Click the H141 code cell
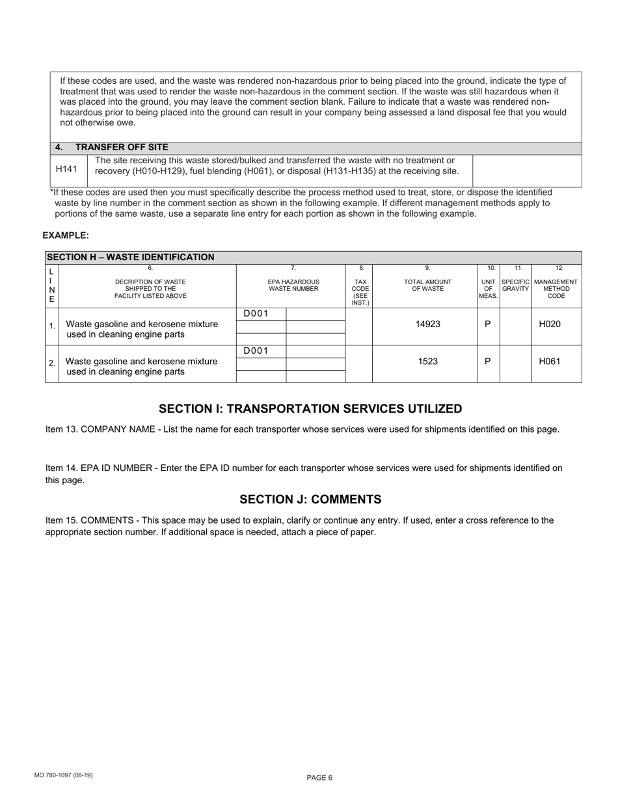(66, 170)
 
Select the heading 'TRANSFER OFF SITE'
(121, 148)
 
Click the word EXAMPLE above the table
(66, 235)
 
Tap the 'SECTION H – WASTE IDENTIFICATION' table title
(131, 257)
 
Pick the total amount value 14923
(427, 324)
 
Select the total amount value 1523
(427, 362)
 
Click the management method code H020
(550, 324)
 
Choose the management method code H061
(550, 362)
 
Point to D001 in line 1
(256, 314)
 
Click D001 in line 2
(256, 351)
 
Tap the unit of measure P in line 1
(488, 324)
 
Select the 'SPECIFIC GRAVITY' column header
(515, 285)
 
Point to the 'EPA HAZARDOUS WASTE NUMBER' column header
(293, 285)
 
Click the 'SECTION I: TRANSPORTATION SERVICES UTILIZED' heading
(310, 409)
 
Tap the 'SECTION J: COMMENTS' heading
(310, 500)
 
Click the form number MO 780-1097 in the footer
(64, 775)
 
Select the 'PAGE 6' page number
(319, 778)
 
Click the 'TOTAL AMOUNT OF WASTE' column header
(427, 285)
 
